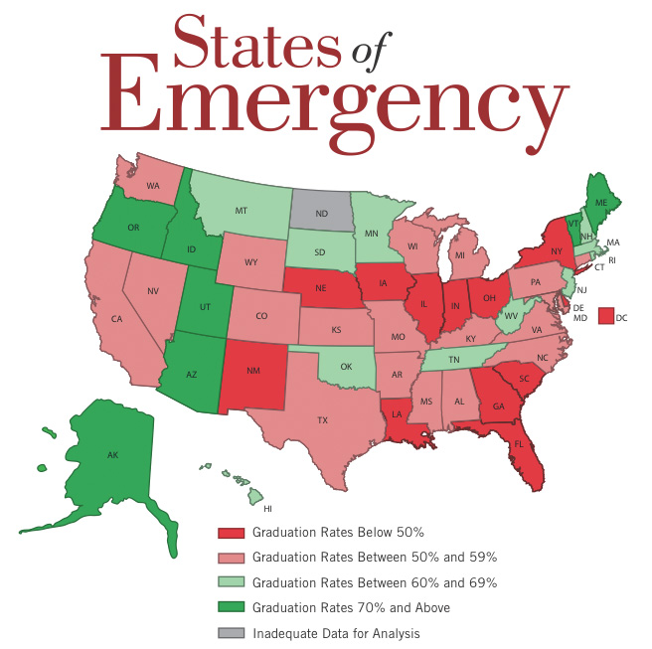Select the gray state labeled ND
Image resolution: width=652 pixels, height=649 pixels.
[x=322, y=212]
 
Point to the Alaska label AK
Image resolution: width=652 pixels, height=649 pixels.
[x=112, y=454]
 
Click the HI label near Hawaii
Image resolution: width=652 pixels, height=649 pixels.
[x=267, y=508]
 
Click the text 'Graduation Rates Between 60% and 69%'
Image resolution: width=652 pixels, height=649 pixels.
[x=375, y=582]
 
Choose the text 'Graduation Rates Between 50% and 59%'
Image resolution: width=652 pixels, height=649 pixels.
[x=375, y=558]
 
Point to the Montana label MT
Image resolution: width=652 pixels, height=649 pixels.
[x=241, y=212]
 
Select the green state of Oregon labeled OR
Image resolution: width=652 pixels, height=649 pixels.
[x=133, y=228]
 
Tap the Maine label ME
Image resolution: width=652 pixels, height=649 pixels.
[x=600, y=203]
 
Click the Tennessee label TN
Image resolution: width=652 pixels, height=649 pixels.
[x=452, y=360]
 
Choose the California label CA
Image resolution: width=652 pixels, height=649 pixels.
[x=116, y=318]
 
